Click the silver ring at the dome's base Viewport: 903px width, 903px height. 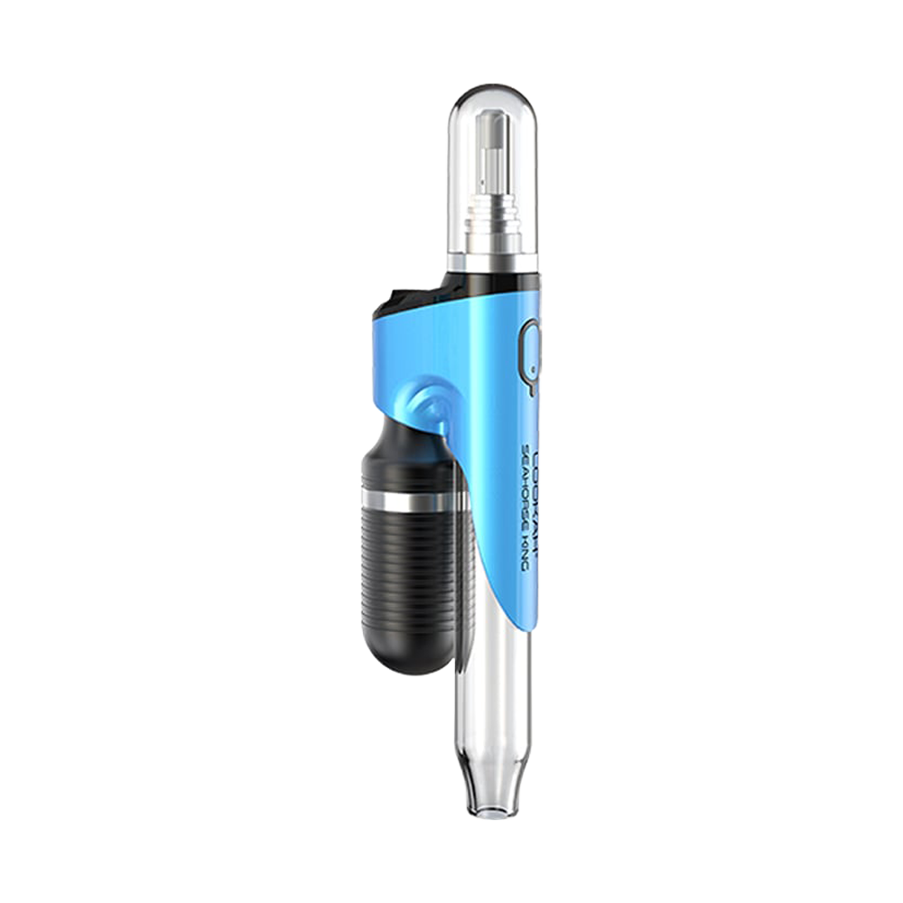(x=492, y=262)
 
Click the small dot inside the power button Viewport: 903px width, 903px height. (x=531, y=369)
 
